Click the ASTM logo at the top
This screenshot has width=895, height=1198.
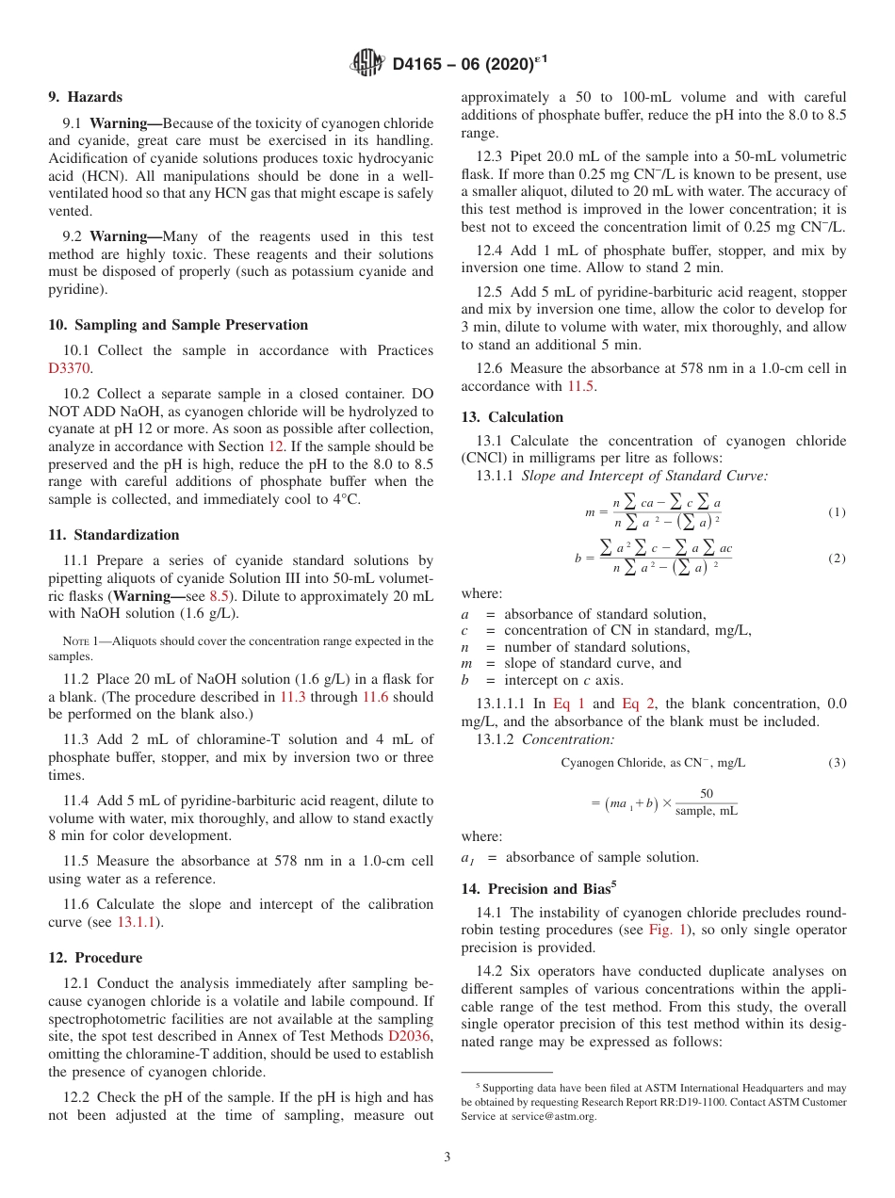366,64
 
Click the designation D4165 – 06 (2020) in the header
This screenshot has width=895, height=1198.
462,64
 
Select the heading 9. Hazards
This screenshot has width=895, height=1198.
85,97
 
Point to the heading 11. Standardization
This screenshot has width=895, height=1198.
113,535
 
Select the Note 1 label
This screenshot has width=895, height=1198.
76,641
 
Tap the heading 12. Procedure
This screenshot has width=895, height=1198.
95,958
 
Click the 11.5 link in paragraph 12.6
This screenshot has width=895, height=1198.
580,386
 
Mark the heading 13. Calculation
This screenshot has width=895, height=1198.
512,417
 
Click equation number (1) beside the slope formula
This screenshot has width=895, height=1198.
837,512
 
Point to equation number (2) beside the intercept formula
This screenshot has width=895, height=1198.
837,559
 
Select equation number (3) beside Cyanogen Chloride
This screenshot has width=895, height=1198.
837,762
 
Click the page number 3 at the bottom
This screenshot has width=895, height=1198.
447,1157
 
